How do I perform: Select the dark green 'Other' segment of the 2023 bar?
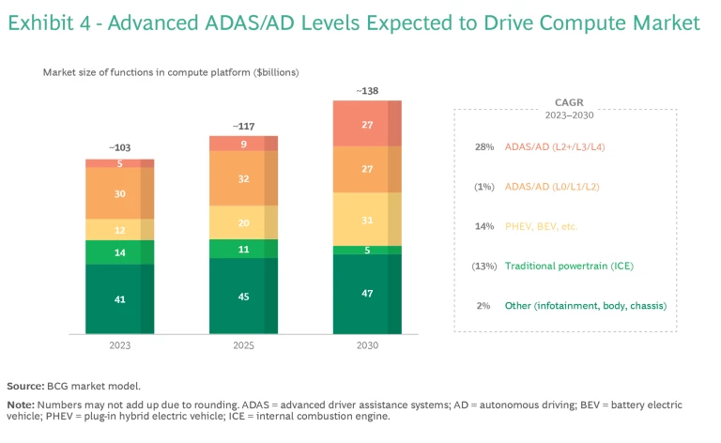119,298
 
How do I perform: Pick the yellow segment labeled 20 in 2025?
243,222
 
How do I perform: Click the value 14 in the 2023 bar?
120,252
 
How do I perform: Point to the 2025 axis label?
243,345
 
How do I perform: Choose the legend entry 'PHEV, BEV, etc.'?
545,226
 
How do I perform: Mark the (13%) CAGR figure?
483,267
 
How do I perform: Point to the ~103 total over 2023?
120,148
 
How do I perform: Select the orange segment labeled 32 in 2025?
243,178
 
